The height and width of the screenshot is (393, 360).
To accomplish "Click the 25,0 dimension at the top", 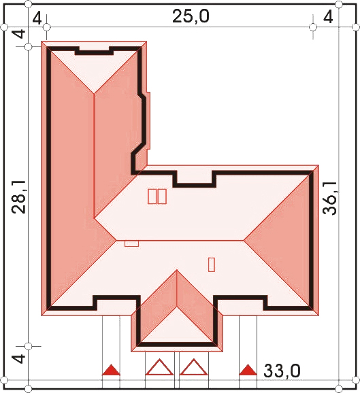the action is pos(191,17).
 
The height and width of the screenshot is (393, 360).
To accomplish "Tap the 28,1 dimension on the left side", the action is pos(19,196).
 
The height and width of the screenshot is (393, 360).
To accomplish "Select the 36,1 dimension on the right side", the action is pos(329,198).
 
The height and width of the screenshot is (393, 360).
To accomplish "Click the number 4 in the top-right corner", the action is pos(328,17).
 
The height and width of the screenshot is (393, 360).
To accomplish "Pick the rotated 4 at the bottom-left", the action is pos(19,358).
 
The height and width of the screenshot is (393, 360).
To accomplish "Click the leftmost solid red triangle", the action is pos(111,370).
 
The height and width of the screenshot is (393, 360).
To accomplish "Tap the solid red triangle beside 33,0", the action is pos(248,370).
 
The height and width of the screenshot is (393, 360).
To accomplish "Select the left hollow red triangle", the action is pos(159,367).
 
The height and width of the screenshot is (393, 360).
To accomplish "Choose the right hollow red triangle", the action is pos(194,367).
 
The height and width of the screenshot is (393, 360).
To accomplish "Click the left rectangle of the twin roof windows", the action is pos(152,196).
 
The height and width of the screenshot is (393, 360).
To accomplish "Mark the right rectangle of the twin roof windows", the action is pos(162,196).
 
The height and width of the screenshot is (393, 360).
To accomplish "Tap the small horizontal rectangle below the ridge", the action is pos(132,243).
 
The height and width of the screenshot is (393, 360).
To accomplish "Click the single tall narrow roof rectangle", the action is pos(212,264).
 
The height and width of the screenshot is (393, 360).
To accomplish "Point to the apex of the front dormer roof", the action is pos(177,270).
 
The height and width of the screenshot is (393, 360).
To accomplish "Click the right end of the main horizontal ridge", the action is pos(244,241).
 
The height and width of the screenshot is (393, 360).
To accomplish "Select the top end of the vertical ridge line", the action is pos(95,94).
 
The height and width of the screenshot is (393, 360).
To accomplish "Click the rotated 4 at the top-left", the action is pos(19,34).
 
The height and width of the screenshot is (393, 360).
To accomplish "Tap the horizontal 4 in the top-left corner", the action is pos(37,18).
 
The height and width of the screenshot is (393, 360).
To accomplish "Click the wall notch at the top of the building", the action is pos(95,51).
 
